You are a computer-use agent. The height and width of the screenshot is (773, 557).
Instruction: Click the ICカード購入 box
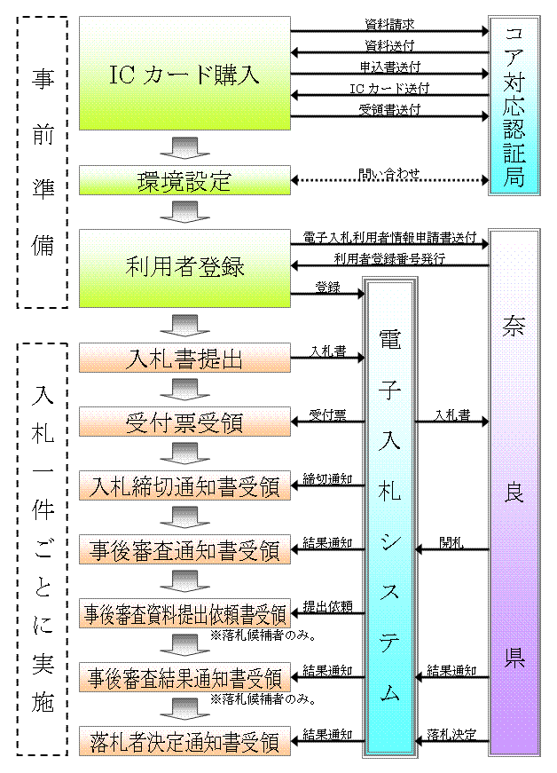[x=184, y=74]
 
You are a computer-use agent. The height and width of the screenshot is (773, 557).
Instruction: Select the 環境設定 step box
[x=184, y=181]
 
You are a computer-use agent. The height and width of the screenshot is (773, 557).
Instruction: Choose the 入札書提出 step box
[x=184, y=359]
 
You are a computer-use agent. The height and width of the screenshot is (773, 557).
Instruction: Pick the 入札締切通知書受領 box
[x=184, y=486]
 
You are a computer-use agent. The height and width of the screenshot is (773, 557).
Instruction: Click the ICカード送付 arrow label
[x=389, y=88]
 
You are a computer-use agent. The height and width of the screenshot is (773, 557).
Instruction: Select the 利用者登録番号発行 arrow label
[x=389, y=258]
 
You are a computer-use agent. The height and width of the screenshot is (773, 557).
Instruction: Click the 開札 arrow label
[x=451, y=542]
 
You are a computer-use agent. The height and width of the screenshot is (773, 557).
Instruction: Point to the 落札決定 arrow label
[x=451, y=734]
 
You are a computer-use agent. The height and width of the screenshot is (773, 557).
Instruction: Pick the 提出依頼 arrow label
[x=327, y=606]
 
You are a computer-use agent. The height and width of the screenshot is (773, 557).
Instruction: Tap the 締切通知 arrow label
[x=327, y=478]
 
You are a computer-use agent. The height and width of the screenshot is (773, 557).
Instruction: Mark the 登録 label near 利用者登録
[x=327, y=287]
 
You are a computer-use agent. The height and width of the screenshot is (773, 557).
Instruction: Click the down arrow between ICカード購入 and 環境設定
[x=184, y=147]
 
